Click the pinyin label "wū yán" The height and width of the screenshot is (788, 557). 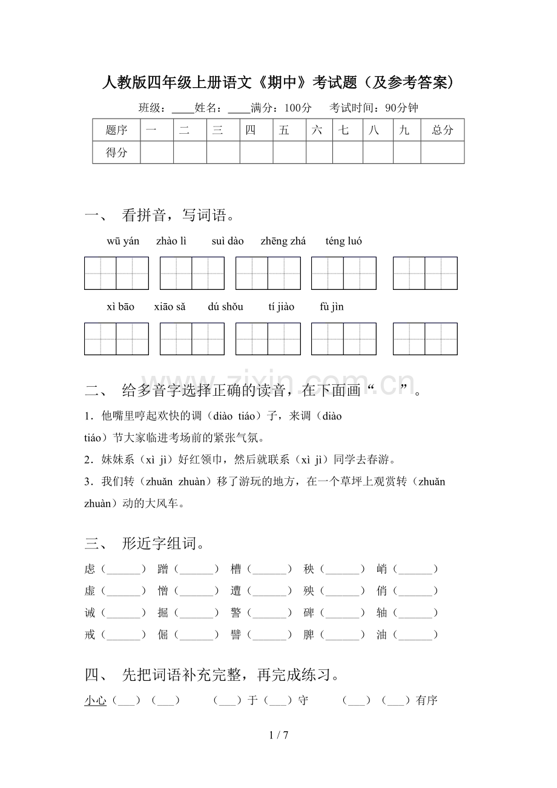(123, 241)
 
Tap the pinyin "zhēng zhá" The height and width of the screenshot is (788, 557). (283, 241)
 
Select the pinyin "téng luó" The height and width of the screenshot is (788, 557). (344, 241)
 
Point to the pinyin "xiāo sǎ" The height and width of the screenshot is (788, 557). (170, 307)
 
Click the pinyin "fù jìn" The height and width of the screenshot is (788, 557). (332, 307)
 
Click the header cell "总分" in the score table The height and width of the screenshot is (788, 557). (443, 130)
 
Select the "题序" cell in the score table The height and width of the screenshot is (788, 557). (116, 130)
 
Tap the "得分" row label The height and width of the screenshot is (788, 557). (116, 153)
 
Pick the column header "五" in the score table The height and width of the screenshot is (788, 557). (285, 130)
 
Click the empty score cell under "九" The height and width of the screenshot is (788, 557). (406, 153)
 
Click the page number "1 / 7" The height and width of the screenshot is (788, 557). (278, 735)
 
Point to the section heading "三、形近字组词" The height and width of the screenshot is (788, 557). (145, 543)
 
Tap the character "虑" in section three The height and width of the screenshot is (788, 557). (90, 569)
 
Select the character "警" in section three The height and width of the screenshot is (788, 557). (236, 613)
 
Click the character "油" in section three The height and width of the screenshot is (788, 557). (382, 635)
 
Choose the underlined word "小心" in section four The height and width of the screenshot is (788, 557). (96, 701)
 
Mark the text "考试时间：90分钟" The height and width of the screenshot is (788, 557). (374, 108)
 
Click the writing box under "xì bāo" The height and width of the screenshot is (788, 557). (116, 339)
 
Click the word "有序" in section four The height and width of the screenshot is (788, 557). (427, 701)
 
